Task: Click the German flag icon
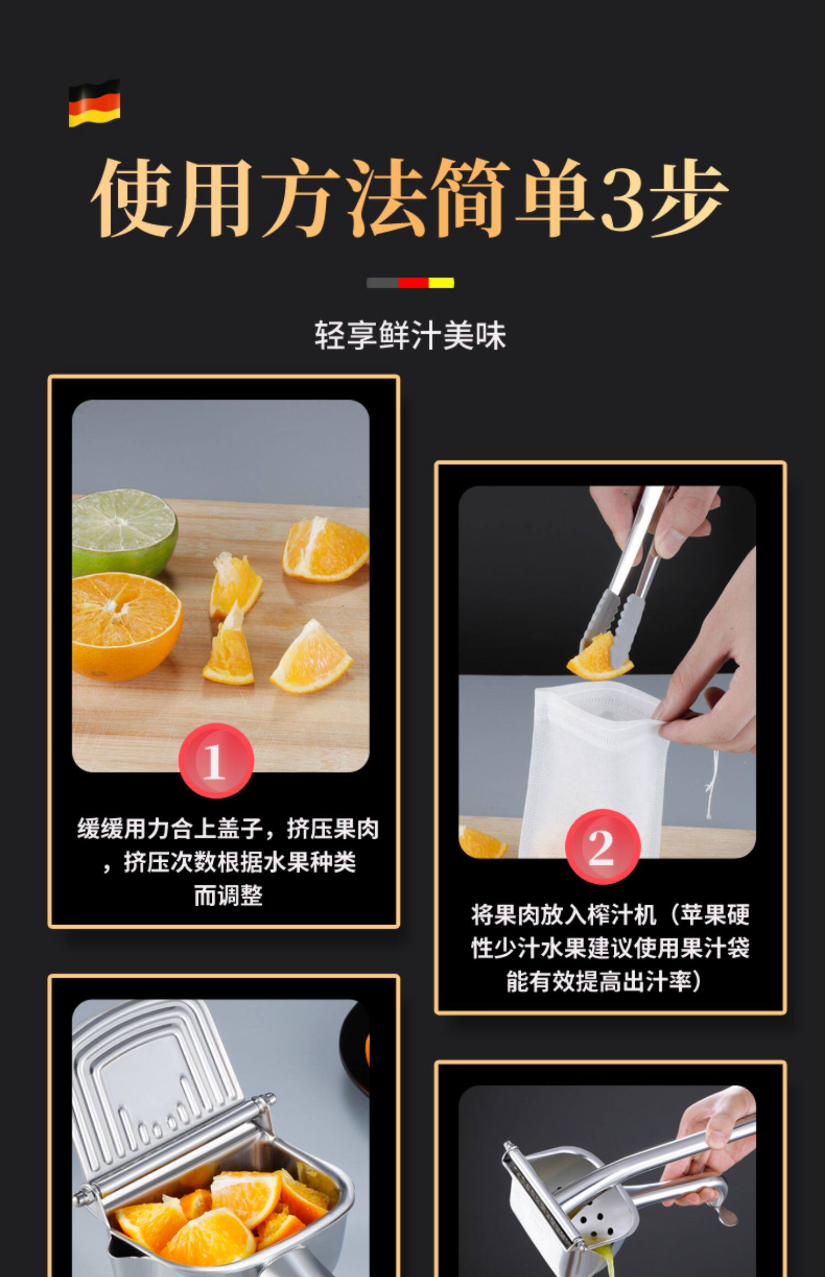coord(94,103)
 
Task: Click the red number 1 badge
coord(216,761)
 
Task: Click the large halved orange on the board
coord(127,625)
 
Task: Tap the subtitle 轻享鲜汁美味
coord(410,335)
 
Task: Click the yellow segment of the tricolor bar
coord(441,283)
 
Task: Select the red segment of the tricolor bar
coord(413,283)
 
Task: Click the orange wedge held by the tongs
coord(599,657)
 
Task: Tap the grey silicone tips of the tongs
coord(613,621)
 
